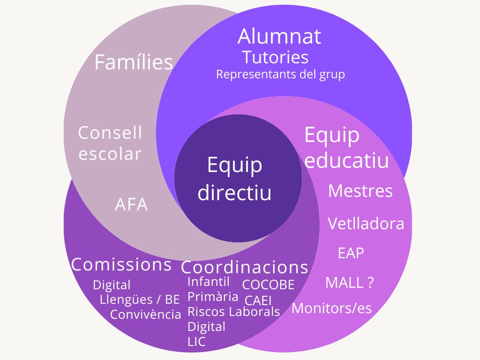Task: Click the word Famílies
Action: click(134, 62)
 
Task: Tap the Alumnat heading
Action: click(279, 37)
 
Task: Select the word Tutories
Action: click(275, 57)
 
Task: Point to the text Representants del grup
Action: click(280, 74)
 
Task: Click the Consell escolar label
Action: click(110, 143)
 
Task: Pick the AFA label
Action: click(131, 205)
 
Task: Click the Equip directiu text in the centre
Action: click(235, 178)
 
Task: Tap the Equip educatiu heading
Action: click(346, 148)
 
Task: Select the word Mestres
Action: click(360, 191)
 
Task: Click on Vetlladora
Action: click(366, 224)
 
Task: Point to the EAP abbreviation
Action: click(351, 253)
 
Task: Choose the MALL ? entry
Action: click(349, 283)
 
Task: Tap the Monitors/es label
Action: click(331, 308)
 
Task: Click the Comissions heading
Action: click(121, 265)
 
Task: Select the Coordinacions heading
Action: click(245, 267)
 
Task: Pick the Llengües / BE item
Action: click(140, 300)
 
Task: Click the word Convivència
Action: click(145, 314)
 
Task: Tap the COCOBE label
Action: click(268, 285)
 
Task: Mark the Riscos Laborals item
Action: click(233, 312)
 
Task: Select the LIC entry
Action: click(196, 342)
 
